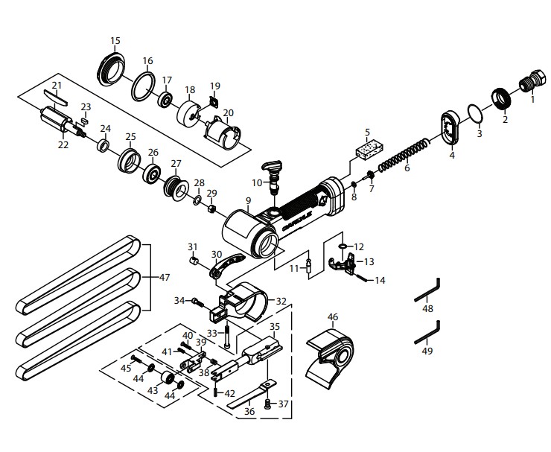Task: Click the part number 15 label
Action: pos(115,40)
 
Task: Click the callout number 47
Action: pos(165,276)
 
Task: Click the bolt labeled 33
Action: pos(226,340)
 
